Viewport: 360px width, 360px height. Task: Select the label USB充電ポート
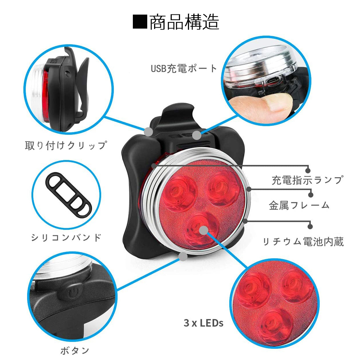(184, 68)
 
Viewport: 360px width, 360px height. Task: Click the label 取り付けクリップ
(66, 145)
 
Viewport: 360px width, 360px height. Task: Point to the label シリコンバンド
(66, 238)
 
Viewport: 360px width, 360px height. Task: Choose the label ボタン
(75, 350)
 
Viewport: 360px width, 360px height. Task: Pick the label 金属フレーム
(299, 205)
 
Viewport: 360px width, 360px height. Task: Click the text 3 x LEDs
(203, 323)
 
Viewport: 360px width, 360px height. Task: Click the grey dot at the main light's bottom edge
(183, 256)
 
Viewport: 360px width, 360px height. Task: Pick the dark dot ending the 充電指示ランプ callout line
(308, 170)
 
